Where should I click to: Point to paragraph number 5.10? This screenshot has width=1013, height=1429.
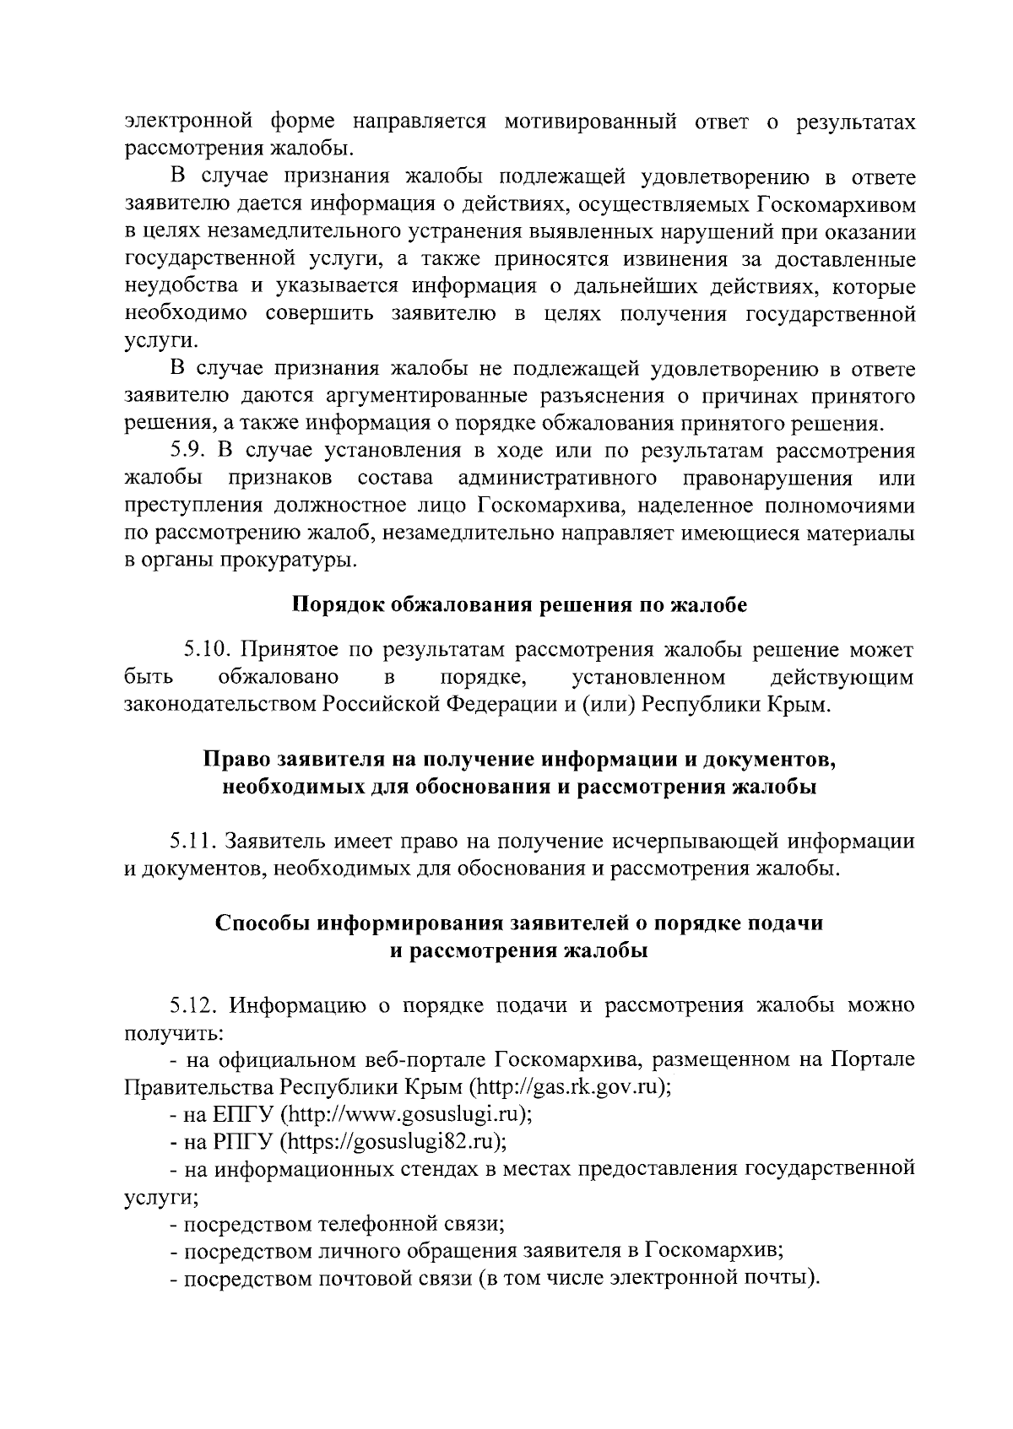(207, 650)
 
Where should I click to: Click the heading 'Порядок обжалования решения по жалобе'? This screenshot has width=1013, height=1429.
(519, 605)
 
